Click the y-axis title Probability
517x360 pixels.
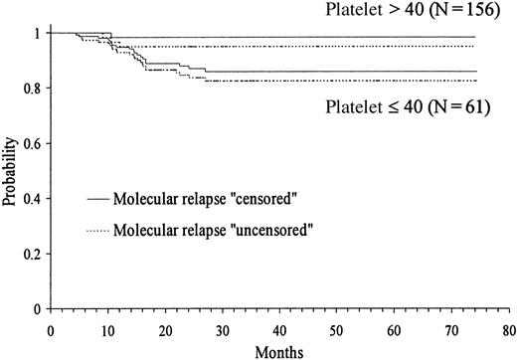(x=9, y=171)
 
